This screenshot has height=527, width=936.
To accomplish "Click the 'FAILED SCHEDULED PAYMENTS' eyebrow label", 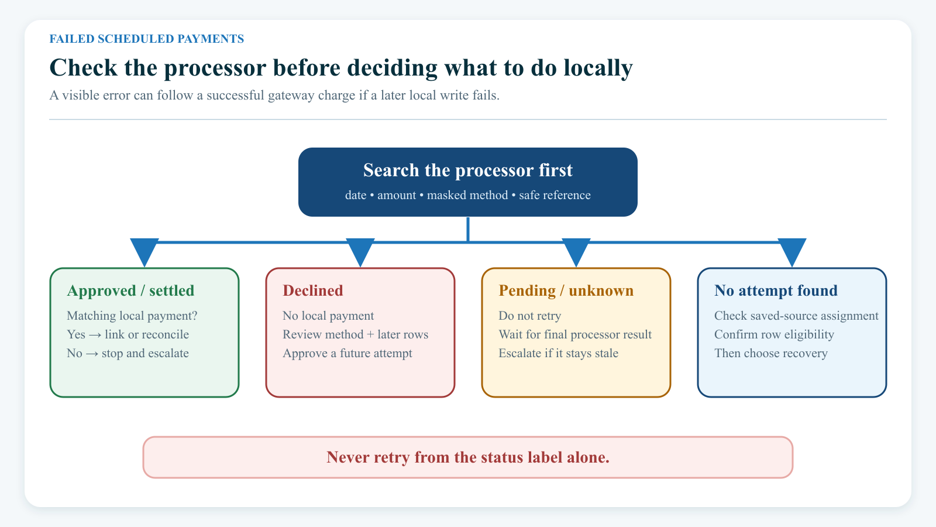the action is tap(147, 39).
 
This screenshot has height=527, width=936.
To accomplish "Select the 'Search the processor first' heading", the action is tap(468, 170).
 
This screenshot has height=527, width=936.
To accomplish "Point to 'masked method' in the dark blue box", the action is tap(467, 196).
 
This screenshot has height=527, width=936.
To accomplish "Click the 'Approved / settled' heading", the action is tap(131, 290).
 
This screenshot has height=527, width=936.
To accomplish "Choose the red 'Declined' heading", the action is tap(313, 290).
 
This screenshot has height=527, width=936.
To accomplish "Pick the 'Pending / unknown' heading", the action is tap(566, 290).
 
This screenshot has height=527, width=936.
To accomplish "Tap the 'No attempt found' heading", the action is tap(776, 290).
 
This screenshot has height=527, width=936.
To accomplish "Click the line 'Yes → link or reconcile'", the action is tap(128, 334).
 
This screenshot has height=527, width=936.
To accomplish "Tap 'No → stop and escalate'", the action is tap(128, 354).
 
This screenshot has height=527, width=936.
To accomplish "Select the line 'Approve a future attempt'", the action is tap(347, 354).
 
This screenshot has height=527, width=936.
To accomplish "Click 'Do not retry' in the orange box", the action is tap(530, 316).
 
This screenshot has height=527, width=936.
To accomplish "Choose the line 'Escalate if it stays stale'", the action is tap(558, 354).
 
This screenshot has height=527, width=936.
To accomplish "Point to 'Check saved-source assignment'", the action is tap(796, 316).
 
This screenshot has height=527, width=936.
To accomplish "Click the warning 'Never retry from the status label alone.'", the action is tap(468, 457).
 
